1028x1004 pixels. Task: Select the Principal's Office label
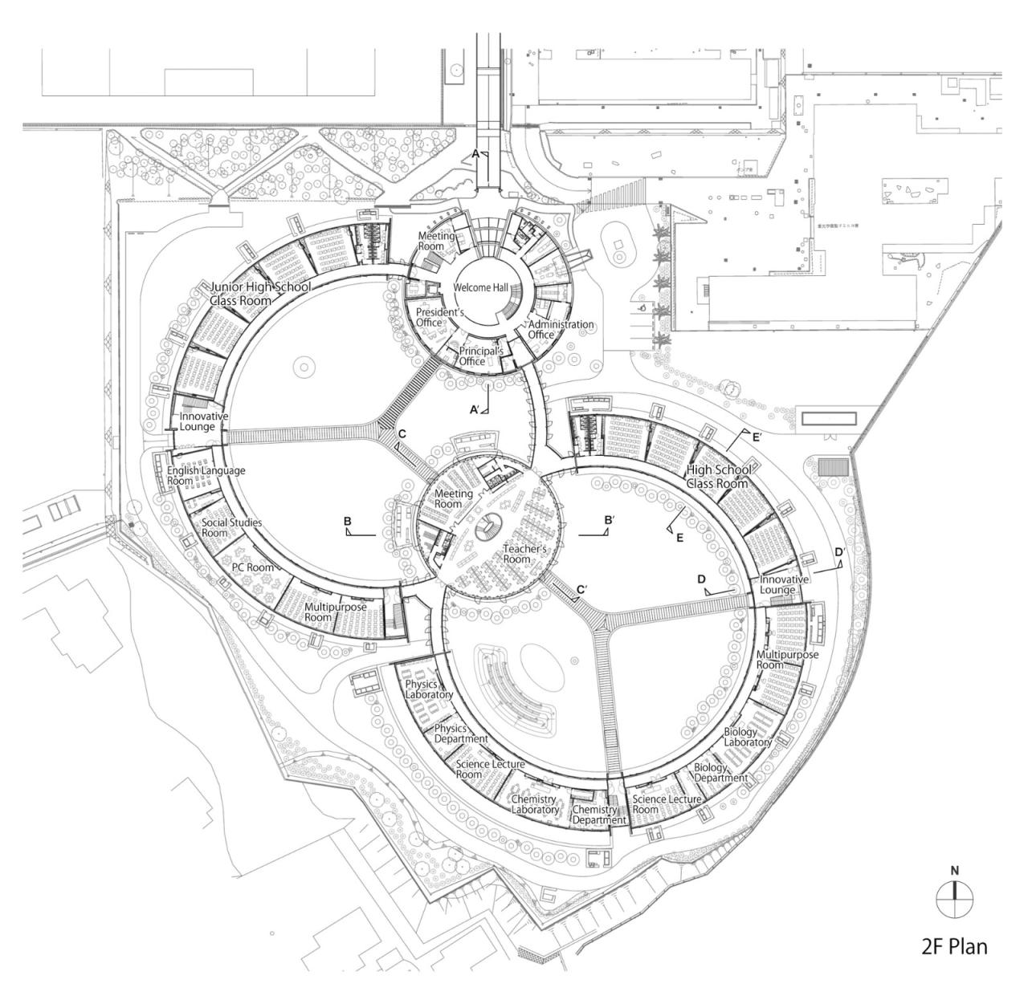[x=480, y=356]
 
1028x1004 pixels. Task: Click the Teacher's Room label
[x=524, y=554]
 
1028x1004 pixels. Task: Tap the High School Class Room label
[x=719, y=476]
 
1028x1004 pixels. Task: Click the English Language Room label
[x=206, y=476]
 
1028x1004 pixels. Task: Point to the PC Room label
[x=253, y=567]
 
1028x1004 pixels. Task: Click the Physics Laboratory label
[x=429, y=689]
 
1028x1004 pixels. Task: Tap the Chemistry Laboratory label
[x=535, y=804]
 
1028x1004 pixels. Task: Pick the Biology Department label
[x=720, y=773]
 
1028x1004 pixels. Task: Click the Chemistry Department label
[x=598, y=815]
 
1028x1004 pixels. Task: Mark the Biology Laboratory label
[x=748, y=737]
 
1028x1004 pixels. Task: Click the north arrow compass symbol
[x=954, y=898]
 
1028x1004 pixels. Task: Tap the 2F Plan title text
[x=954, y=946]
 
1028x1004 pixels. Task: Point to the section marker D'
[x=838, y=552]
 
